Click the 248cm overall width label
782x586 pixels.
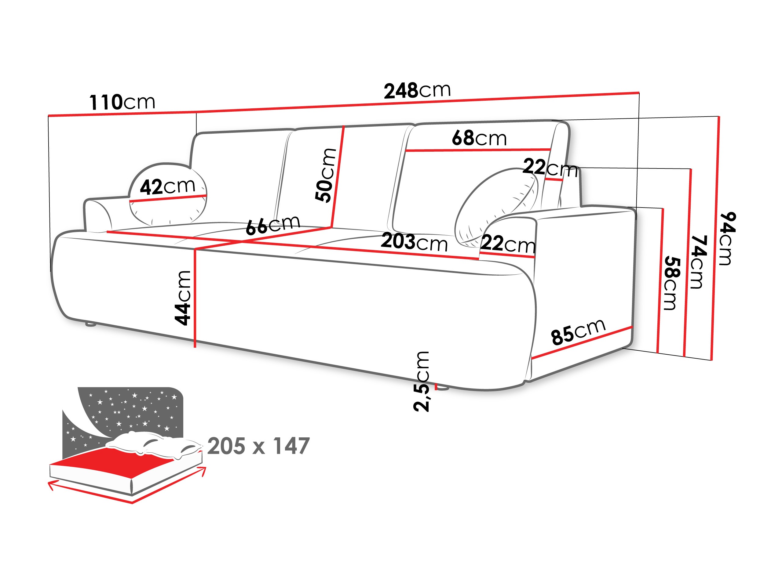417,91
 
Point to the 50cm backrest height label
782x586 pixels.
326,175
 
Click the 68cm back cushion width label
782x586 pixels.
479,138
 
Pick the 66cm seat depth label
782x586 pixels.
272,225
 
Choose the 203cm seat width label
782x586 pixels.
414,243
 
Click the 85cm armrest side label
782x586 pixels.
578,332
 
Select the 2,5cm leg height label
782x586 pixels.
422,382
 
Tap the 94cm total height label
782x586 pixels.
728,238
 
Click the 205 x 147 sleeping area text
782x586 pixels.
258,446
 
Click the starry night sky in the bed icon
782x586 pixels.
134,410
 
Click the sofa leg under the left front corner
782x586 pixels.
91,324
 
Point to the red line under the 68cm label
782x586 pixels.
477,150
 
